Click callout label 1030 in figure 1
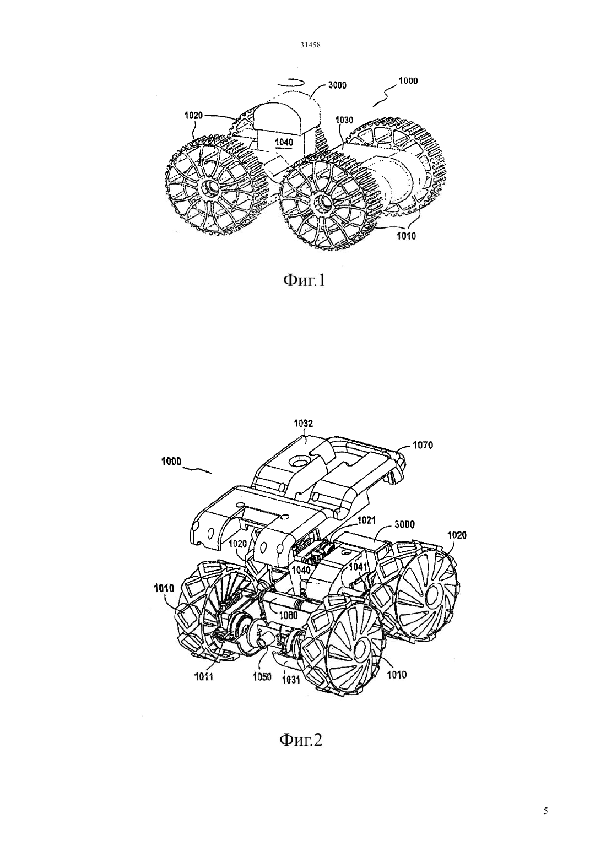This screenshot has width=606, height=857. click(x=344, y=121)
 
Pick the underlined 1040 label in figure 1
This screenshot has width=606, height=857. click(x=284, y=143)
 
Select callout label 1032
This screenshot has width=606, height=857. click(x=304, y=424)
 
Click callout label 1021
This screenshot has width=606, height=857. click(x=366, y=520)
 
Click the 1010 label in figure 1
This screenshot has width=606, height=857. click(x=406, y=236)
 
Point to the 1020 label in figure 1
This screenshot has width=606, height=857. click(x=193, y=115)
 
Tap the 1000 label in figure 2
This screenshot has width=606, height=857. click(x=171, y=462)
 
